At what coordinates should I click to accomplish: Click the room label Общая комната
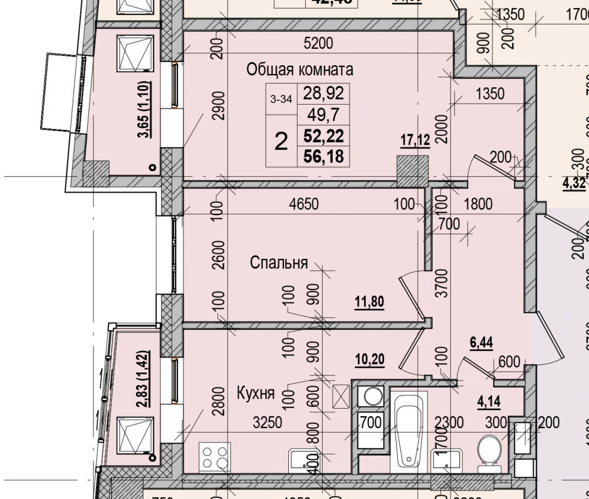point(300,69)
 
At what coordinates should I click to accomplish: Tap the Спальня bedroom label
point(279,263)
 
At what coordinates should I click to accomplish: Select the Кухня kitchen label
point(256,394)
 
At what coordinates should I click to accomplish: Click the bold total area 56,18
point(323,156)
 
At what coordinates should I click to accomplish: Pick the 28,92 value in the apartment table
point(323,93)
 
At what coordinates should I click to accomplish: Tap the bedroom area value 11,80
point(369,302)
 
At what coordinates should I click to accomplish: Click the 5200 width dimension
point(319,43)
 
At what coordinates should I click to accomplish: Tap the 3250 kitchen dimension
point(268,423)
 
